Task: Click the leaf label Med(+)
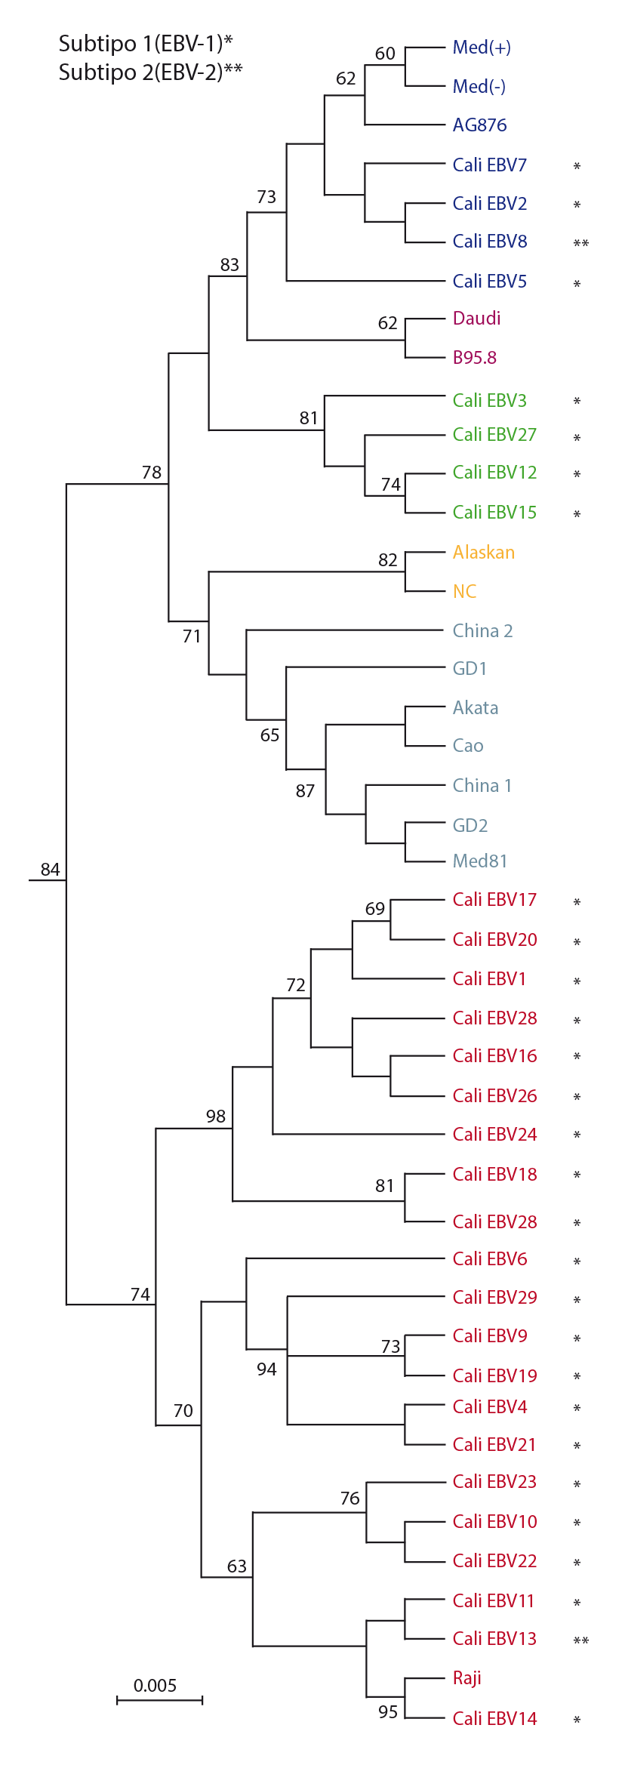coord(482,48)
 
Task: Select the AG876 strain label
coord(479,125)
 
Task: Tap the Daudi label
coord(476,319)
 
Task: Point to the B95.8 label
coord(474,358)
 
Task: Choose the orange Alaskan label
coord(483,553)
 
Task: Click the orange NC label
coord(464,592)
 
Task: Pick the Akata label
coord(475,708)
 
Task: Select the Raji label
coord(466,1677)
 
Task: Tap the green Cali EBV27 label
coord(494,435)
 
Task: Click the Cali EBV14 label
coord(494,1718)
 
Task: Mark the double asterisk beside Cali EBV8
coord(580,244)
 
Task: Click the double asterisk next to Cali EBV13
coord(580,1640)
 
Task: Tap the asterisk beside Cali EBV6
coord(577,1261)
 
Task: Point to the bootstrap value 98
coord(216,1117)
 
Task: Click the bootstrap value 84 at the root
coord(51,870)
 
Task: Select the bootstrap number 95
coord(388,1712)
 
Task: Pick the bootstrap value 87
coord(305,791)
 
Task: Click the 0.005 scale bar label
coord(155,1686)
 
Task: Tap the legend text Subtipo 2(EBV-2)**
coord(150,72)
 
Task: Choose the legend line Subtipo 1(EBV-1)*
coord(146,44)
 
